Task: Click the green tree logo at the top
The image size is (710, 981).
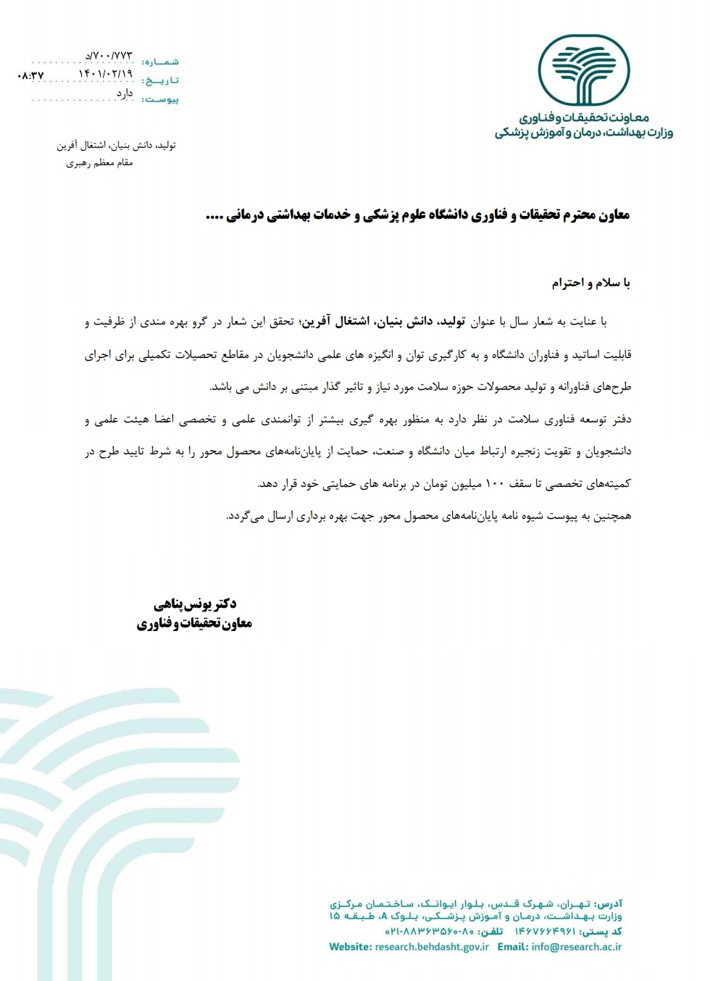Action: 583,71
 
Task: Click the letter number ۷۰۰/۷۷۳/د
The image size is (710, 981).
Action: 109,56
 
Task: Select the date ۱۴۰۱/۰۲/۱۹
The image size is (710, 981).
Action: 106,74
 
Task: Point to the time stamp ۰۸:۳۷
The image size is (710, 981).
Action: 30,75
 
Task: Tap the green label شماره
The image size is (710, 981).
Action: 161,62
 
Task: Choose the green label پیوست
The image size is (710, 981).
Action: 161,99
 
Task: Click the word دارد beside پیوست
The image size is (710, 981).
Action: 125,93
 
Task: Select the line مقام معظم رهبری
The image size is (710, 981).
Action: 99,163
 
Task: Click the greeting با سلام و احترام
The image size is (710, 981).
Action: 590,283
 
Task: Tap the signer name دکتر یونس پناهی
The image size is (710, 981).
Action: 195,604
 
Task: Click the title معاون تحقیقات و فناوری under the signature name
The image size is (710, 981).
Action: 194,623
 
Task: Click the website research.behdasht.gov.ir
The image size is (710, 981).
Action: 432,947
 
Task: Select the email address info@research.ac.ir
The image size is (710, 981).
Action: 576,947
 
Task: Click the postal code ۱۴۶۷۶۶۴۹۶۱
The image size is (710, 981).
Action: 545,932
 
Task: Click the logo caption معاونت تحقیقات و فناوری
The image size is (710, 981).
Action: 583,117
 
